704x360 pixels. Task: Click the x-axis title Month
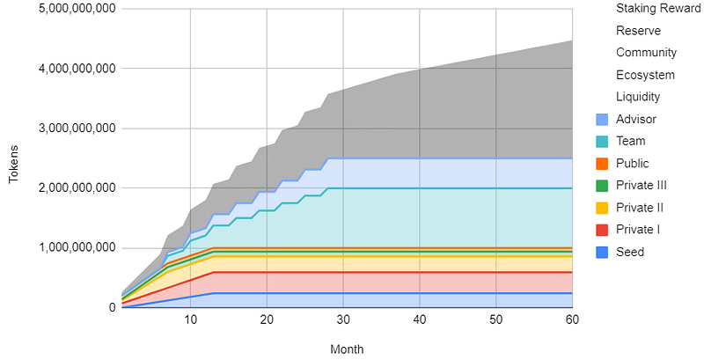click(x=347, y=349)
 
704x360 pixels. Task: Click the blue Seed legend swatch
click(x=602, y=252)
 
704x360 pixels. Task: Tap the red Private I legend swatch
click(x=602, y=230)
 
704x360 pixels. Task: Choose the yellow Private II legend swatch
click(x=602, y=208)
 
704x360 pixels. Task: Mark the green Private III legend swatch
click(x=602, y=186)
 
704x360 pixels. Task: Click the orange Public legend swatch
click(x=602, y=164)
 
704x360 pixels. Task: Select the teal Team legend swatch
click(x=602, y=142)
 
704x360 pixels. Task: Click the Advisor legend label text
click(x=637, y=119)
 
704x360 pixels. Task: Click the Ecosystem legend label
click(x=645, y=75)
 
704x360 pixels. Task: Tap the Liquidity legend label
click(x=638, y=97)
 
